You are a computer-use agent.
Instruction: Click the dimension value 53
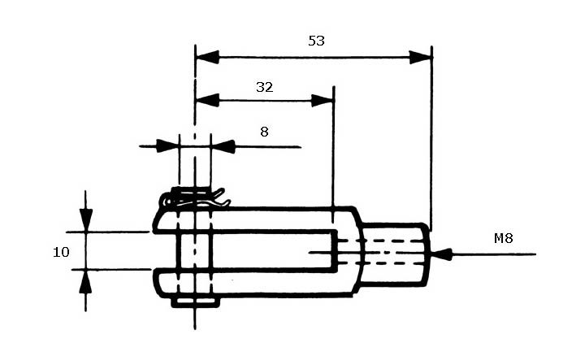(316, 41)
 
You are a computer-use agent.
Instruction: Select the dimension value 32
(265, 87)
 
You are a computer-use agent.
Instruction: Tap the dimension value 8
(264, 132)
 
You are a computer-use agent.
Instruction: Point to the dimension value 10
(61, 252)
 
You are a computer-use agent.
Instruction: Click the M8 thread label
(503, 238)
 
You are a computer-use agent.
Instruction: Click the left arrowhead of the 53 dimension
(207, 58)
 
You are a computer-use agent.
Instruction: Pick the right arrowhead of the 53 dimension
(421, 58)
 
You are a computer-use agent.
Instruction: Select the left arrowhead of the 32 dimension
(207, 100)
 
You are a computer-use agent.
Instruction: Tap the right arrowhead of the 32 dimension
(322, 100)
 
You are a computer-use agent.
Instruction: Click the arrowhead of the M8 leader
(441, 254)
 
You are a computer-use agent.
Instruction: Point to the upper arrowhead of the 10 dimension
(86, 220)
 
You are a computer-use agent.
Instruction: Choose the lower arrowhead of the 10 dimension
(86, 281)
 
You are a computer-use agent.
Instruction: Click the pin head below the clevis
(195, 302)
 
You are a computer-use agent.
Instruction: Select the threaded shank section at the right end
(395, 254)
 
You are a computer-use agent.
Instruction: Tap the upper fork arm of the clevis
(253, 220)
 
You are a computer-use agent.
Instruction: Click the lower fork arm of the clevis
(253, 283)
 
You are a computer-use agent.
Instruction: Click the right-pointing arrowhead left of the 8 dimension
(167, 146)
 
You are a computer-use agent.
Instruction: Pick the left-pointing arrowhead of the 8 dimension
(223, 146)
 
